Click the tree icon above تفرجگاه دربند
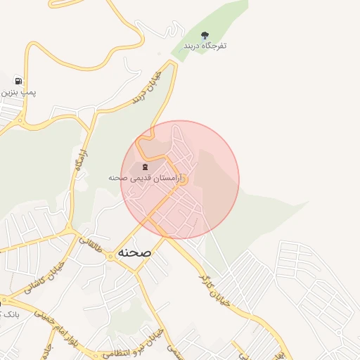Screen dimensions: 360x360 coord(205,34)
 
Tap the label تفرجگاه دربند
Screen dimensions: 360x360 coord(205,46)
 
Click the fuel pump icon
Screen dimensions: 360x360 coord(18,81)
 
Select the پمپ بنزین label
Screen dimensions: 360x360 coord(18,92)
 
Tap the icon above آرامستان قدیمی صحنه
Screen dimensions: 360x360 coord(145,167)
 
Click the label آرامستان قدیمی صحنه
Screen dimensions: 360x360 coord(145,179)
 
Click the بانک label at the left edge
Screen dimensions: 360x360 coord(10,313)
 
